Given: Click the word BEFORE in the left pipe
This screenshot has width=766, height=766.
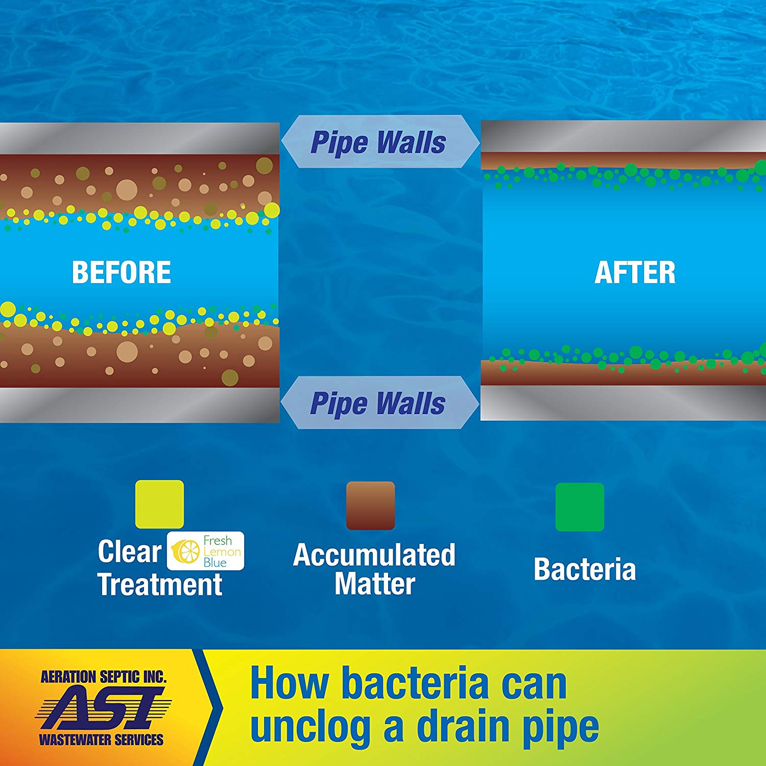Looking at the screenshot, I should tap(122, 272).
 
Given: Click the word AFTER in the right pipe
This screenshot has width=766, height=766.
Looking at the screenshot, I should tap(635, 272).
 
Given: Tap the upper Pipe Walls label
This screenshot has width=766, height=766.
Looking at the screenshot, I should tap(378, 142).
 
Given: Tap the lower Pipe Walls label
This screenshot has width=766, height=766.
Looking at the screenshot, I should tap(378, 403).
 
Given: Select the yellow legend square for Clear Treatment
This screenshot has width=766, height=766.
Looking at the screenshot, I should tap(159, 504).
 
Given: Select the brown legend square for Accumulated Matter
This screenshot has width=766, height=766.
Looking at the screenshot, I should tap(370, 505).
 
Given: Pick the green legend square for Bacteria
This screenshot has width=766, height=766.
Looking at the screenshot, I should tap(580, 507).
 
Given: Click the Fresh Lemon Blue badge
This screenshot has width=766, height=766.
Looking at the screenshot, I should tap(206, 551).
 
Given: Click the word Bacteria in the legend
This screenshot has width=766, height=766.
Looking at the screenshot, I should tap(585, 569).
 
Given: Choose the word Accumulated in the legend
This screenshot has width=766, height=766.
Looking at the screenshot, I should tap(374, 555).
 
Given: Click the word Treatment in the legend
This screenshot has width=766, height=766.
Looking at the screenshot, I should tap(160, 584).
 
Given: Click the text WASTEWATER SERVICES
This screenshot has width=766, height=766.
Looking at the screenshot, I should tap(101, 739).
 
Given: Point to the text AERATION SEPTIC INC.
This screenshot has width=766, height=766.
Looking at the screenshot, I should tap(104, 677).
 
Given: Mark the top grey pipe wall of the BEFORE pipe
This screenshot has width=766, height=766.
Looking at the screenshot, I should tap(139, 138).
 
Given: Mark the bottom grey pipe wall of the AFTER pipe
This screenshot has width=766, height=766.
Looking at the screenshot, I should tap(623, 402).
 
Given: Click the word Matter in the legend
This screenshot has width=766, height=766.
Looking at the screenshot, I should tap(374, 584).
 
